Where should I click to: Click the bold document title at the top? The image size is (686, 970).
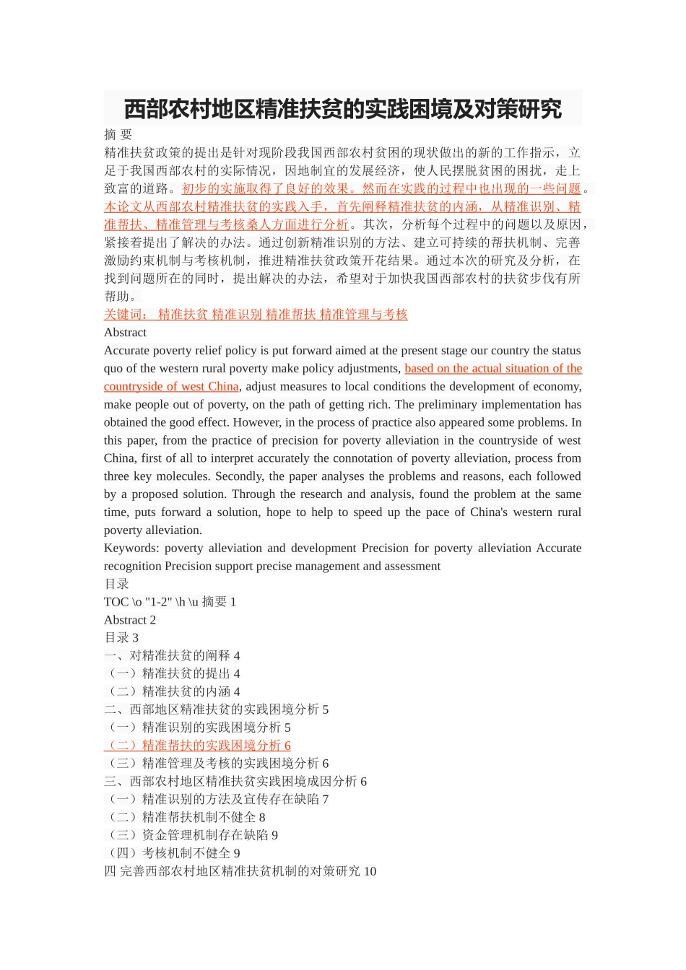coord(342,110)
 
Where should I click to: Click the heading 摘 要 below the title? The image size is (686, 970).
coord(118,134)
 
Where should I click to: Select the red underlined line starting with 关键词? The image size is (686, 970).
coord(256,314)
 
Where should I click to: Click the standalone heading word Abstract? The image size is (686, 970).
coord(125,332)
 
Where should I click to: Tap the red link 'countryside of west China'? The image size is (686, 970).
coord(171,386)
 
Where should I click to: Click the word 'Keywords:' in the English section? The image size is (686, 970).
coord(130,548)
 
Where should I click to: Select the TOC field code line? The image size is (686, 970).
coord(170,602)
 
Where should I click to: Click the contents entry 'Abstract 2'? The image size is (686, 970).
coord(130,620)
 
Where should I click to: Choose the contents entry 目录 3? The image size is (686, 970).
coord(121,638)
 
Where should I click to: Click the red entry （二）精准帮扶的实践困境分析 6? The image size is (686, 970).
coord(197,746)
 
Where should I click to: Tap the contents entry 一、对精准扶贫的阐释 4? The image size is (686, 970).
coord(172,656)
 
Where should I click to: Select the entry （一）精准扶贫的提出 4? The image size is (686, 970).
coord(172,673)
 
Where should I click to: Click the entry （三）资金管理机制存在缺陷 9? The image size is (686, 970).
coord(191,835)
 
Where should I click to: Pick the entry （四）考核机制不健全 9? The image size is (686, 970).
coord(172,853)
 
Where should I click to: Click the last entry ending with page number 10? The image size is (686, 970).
coord(240,871)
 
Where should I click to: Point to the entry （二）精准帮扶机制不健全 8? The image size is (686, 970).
coord(185,817)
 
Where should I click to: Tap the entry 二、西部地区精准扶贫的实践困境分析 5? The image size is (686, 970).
coord(216,709)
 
